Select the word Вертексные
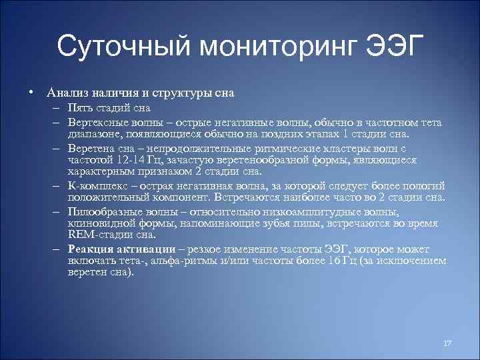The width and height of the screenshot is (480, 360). (x=97, y=123)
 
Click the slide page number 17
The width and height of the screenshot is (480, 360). (x=447, y=343)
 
